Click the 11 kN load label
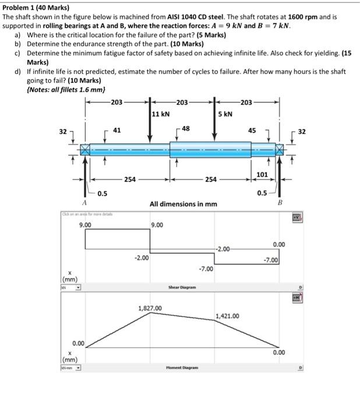[160, 114]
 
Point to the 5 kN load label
[226, 114]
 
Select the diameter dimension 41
[117, 129]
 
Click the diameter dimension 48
[185, 128]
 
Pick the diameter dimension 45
[252, 130]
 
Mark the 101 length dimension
[262, 174]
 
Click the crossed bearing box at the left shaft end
[86, 150]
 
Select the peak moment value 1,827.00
[150, 308]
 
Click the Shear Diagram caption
[182, 287]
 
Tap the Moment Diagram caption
[182, 368]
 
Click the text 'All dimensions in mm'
[183, 204]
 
